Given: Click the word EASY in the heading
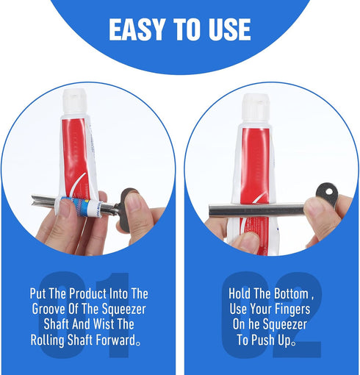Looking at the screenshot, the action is coord(137,29).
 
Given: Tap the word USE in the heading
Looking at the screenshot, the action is coord(229,29).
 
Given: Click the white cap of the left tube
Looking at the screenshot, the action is coord(75,102).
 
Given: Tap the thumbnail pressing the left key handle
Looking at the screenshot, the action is coord(134,201).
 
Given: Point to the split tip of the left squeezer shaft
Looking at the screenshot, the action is coord(35,201).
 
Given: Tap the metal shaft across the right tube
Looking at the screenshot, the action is coord(257,210).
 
